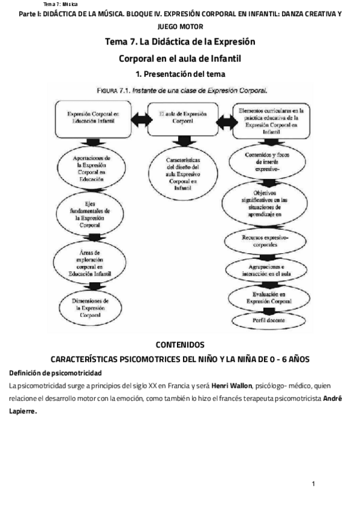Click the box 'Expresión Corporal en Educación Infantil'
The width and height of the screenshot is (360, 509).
89,117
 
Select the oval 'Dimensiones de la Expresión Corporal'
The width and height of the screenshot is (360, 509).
89,307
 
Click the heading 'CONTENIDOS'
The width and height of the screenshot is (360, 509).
180,345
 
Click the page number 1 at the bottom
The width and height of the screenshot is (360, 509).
313,484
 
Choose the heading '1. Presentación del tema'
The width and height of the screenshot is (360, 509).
180,74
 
